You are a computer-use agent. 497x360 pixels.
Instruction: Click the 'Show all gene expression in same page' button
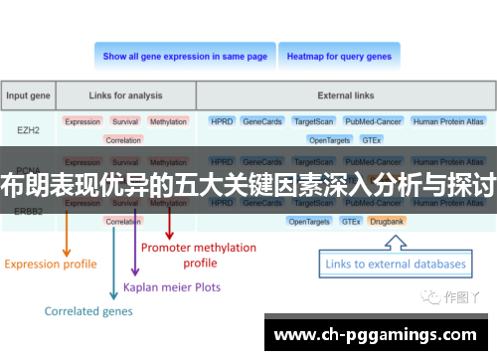185,57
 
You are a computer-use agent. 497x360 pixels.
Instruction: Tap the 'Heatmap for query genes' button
339,57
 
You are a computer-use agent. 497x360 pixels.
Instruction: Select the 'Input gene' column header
29,96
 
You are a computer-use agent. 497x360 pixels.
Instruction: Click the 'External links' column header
346,96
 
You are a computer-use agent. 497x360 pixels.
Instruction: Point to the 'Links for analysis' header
125,96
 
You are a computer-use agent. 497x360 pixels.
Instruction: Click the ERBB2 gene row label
29,211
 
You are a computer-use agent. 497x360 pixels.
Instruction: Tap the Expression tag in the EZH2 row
83,121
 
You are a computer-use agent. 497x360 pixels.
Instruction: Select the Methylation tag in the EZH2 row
168,121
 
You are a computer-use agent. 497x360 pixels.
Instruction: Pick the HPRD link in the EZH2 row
222,121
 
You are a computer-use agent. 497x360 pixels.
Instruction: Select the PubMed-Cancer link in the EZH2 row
373,121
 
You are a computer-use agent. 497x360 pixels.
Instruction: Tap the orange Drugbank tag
385,221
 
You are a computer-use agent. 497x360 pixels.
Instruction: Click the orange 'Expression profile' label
51,264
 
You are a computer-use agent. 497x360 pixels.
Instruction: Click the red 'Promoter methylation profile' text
199,255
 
